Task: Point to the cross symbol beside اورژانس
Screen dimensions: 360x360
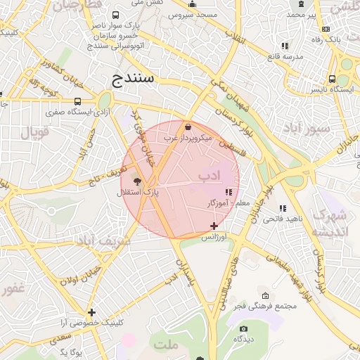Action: [x=214, y=226]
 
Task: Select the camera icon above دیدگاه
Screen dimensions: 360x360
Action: [x=243, y=328]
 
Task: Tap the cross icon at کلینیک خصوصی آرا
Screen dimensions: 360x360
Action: [x=91, y=312]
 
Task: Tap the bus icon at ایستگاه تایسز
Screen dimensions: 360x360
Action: [x=331, y=79]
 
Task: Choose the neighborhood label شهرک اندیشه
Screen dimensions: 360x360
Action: [x=329, y=224]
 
